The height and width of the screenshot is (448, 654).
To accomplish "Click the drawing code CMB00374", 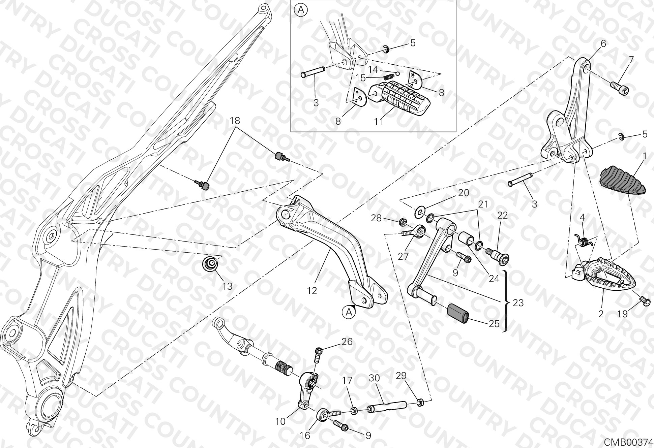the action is (628, 442).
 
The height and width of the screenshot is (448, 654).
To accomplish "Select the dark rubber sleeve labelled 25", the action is (458, 314).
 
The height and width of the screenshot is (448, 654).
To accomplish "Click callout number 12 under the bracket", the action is (312, 291).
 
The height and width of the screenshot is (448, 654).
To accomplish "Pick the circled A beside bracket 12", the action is (349, 312).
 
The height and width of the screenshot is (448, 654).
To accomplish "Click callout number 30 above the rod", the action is (374, 378).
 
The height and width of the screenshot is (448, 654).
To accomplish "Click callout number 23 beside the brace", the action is (518, 303).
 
